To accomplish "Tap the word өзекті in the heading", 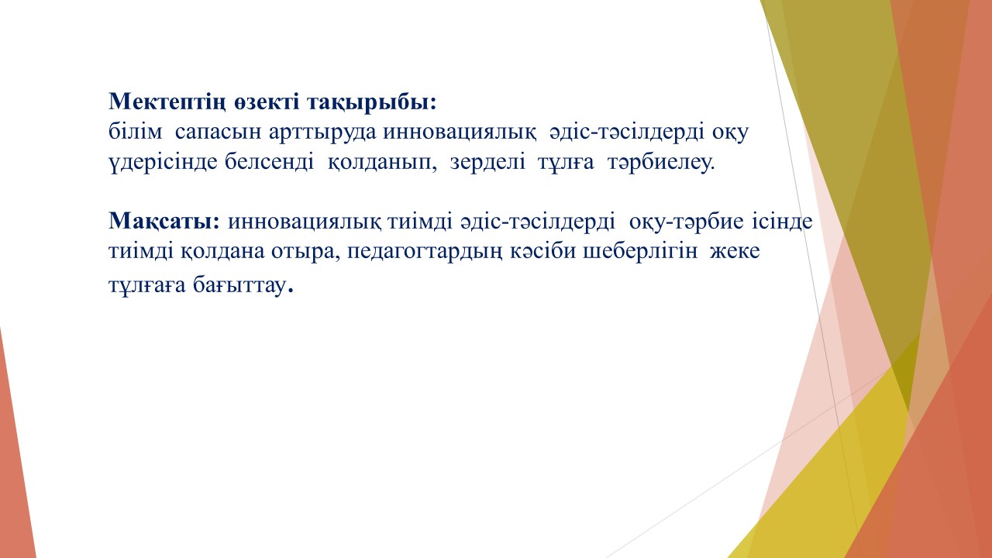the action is [267, 102].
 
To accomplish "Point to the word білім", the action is [135, 132].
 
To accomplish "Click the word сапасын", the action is [218, 133].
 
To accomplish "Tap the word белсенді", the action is [269, 161].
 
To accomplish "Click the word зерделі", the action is [487, 162].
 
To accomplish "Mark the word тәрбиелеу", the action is [661, 163].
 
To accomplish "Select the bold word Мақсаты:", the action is [164, 221].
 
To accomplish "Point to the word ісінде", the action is [782, 221].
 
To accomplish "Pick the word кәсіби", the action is [543, 251].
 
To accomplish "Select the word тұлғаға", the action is [147, 286].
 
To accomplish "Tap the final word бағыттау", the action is [243, 286].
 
